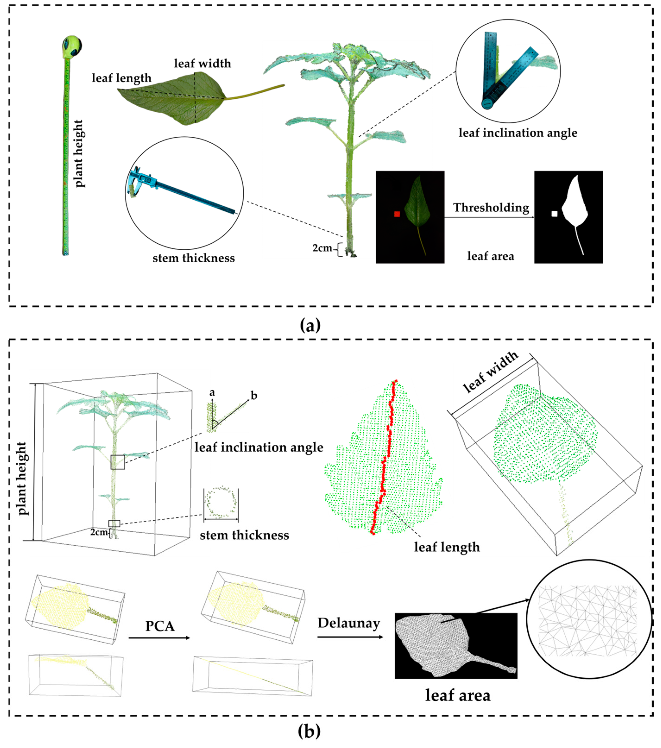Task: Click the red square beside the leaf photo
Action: pyautogui.click(x=397, y=214)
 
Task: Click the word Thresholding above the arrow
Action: pyautogui.click(x=491, y=207)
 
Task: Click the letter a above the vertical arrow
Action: pyautogui.click(x=212, y=393)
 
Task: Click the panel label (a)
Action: pyautogui.click(x=310, y=325)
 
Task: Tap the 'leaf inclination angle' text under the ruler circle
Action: pyautogui.click(x=518, y=133)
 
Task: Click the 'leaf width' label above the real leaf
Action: pyautogui.click(x=202, y=63)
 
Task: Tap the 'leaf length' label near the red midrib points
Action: pyautogui.click(x=447, y=547)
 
